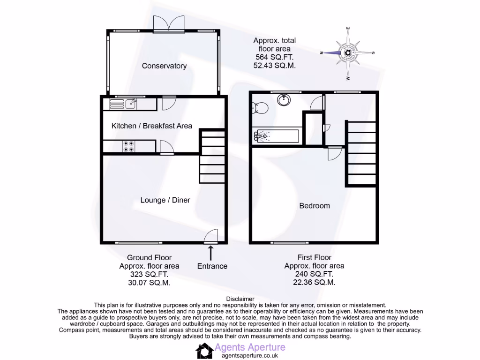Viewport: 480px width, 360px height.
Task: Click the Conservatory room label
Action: click(164, 66)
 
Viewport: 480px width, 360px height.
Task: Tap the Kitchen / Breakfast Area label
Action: click(151, 126)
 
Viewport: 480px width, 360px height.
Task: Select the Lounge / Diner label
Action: click(165, 200)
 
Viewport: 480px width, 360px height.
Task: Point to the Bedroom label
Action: click(314, 206)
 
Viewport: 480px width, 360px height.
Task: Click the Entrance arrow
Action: click(210, 253)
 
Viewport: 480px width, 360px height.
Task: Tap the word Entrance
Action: click(212, 266)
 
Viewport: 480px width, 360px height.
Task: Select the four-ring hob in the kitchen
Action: click(128, 147)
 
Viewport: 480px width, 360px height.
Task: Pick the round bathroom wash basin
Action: click(284, 100)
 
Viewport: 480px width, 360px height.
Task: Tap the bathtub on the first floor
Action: click(276, 136)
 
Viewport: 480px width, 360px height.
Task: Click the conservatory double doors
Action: click(169, 24)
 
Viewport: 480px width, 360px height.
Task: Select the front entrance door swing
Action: click(212, 236)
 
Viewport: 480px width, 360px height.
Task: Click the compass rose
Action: click(348, 52)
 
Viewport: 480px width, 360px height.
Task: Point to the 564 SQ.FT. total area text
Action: click(274, 57)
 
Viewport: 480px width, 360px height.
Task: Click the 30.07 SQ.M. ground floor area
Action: click(149, 283)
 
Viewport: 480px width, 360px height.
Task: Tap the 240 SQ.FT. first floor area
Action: click(314, 274)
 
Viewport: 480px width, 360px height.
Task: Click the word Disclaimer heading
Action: click(240, 299)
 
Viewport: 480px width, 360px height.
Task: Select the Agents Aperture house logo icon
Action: click(204, 351)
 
